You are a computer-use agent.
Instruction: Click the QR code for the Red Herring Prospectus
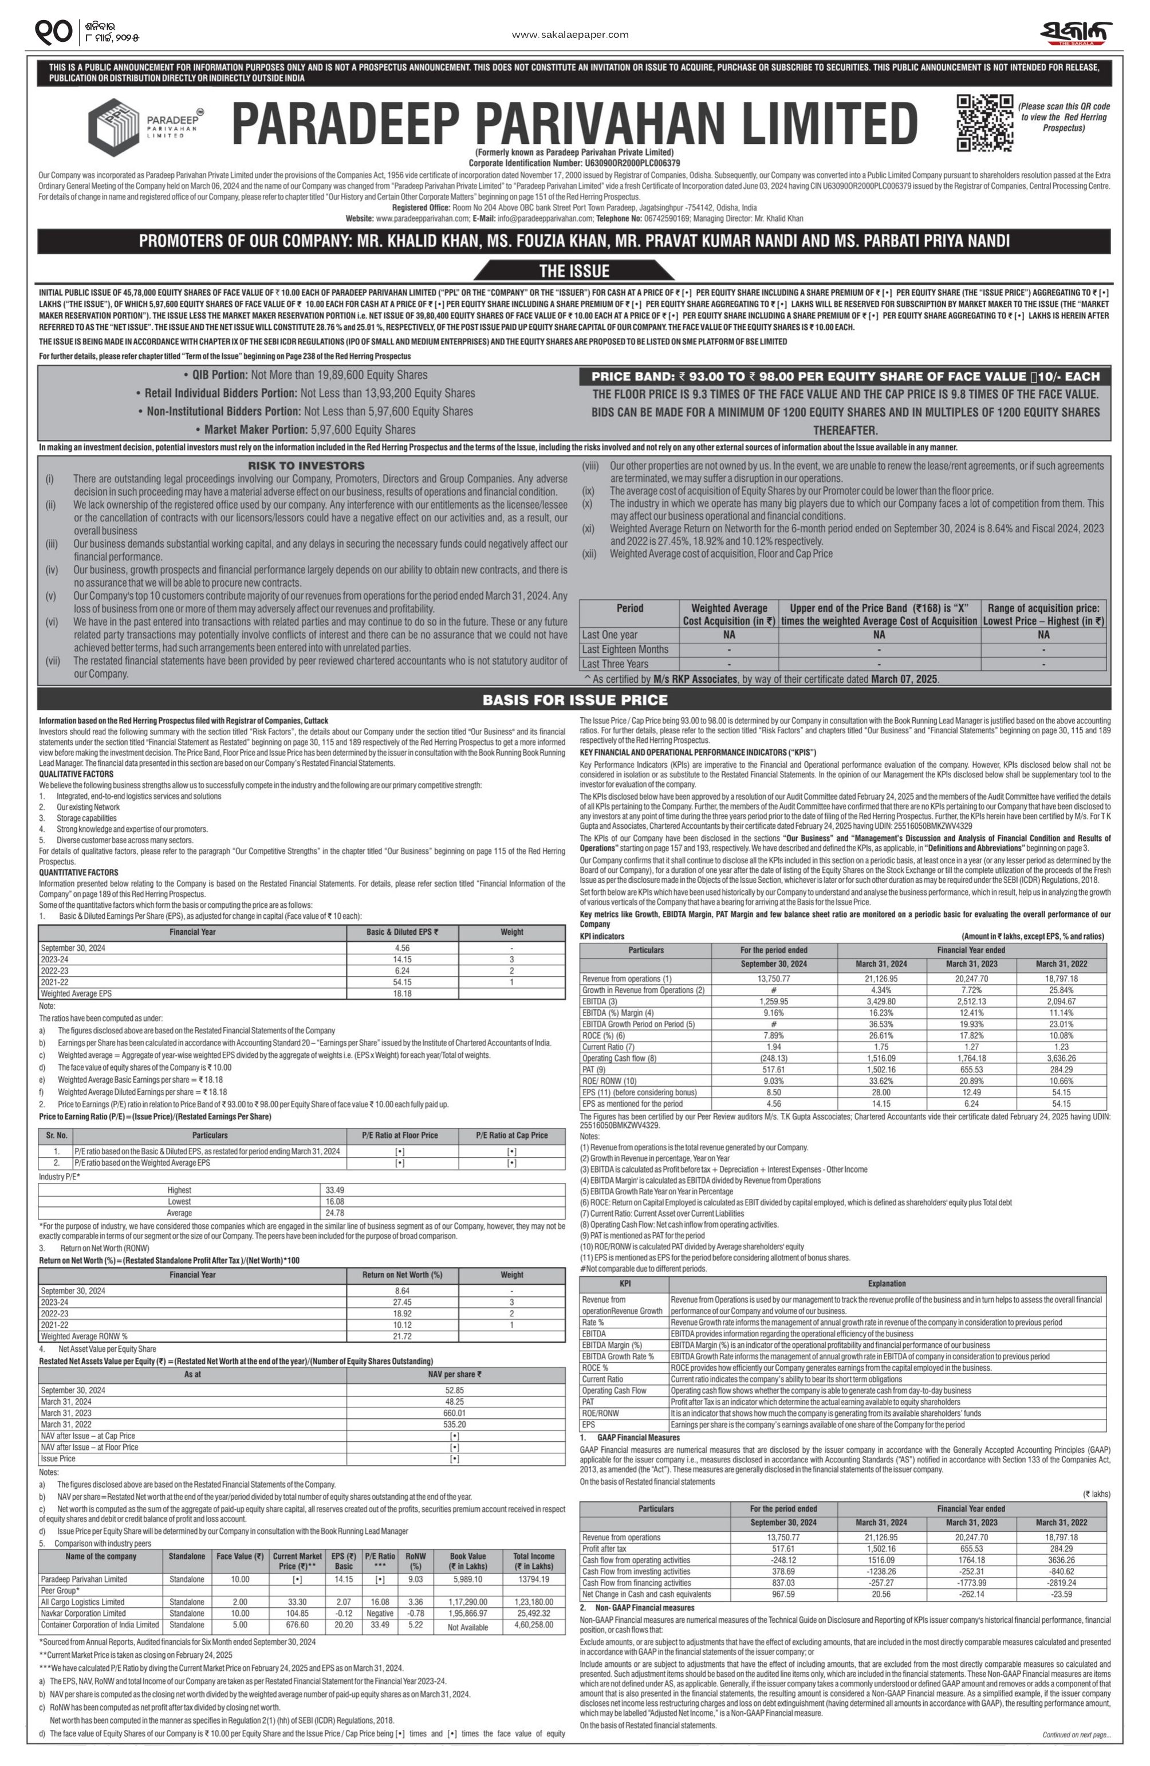(x=984, y=123)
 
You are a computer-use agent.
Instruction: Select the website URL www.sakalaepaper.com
(x=570, y=34)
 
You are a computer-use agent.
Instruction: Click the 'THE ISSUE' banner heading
(x=573, y=271)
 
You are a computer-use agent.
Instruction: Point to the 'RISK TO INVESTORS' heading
(x=306, y=465)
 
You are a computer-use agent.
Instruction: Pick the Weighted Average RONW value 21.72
(x=402, y=1336)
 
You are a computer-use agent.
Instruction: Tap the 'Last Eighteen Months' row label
(x=625, y=649)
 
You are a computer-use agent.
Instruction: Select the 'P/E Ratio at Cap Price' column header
(x=511, y=1135)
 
